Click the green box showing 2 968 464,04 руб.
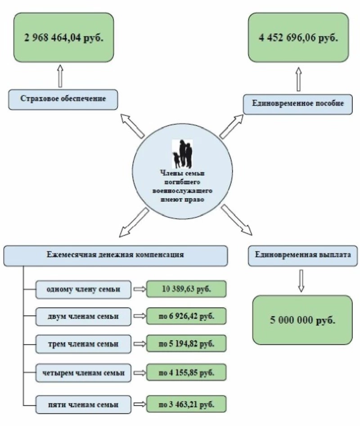click(63, 37)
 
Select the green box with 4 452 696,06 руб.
click(298, 37)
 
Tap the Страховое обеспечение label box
click(63, 99)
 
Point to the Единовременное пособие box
click(298, 104)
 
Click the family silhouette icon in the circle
click(183, 154)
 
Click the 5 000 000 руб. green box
click(302, 320)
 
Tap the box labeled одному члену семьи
click(84, 289)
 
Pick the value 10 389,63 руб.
click(186, 289)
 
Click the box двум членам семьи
click(84, 317)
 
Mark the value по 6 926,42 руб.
click(186, 317)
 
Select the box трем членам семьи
click(84, 344)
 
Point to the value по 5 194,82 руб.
click(186, 344)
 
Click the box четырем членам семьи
click(84, 373)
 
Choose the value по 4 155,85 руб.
click(186, 373)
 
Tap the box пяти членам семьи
click(84, 404)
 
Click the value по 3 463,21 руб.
click(186, 404)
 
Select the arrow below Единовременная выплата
click(301, 281)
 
